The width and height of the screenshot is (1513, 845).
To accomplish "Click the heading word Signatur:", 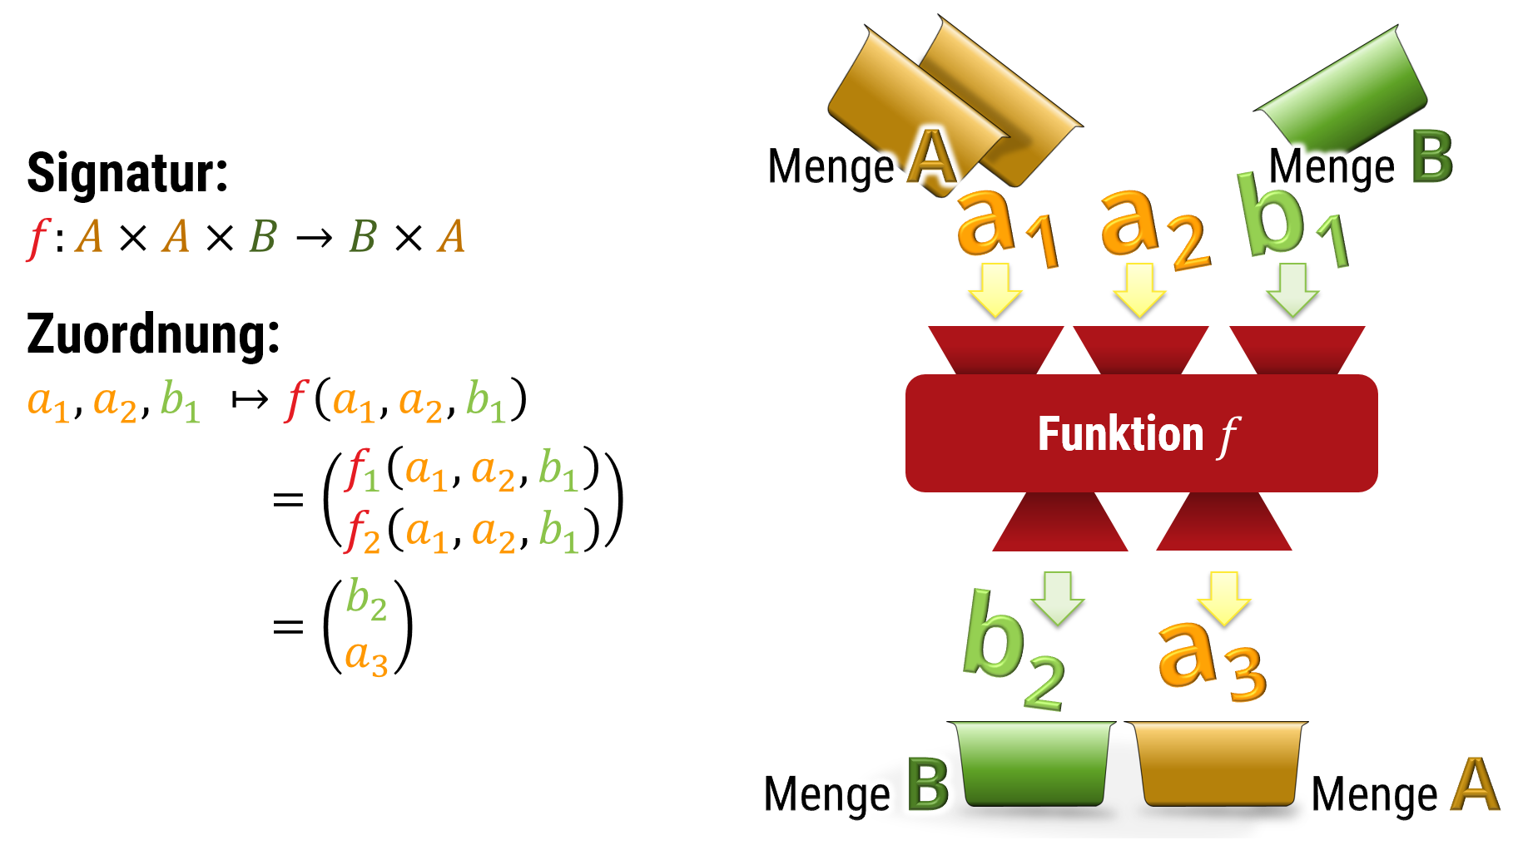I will pos(127,173).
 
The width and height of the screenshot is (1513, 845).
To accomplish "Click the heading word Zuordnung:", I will pos(153,334).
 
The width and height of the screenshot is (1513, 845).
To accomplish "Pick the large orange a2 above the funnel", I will pos(1152,228).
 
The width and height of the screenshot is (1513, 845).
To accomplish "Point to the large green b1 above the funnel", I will pos(1290,220).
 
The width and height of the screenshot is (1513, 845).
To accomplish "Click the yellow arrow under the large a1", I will pos(995,289).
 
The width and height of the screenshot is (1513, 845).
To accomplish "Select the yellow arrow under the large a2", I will pos(1139,289).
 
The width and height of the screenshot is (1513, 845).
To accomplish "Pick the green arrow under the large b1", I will pos(1292,289).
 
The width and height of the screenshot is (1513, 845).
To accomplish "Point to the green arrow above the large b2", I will pos(1058,597).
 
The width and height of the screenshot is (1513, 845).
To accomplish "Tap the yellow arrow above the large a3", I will pos(1224,597).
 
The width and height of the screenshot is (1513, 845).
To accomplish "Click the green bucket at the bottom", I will pos(1034,763).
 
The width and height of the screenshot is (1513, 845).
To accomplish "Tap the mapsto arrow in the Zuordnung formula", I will pos(250,400).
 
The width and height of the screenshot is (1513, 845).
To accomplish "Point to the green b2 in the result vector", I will pos(366,599).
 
